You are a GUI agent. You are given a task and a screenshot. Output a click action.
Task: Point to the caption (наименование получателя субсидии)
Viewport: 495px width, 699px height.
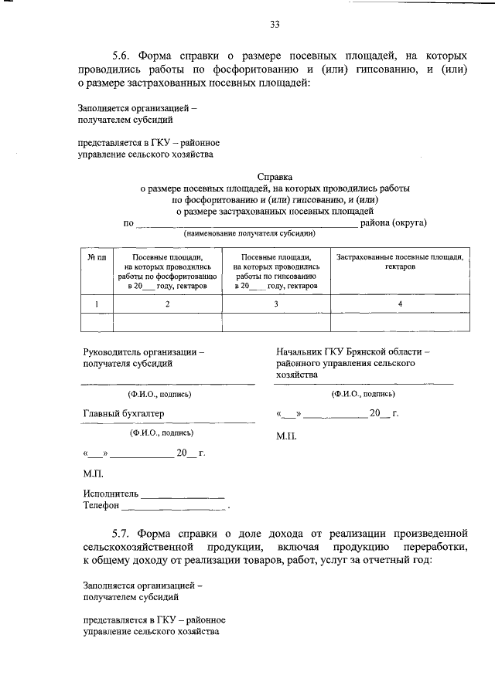pyautogui.click(x=247, y=233)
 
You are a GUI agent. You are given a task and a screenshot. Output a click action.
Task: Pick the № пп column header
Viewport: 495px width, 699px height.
pyautogui.click(x=96, y=257)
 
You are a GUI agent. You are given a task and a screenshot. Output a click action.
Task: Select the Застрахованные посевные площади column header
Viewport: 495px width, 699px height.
pyautogui.click(x=400, y=261)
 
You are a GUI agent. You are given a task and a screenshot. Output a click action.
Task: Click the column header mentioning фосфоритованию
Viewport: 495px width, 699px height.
pyautogui.click(x=167, y=271)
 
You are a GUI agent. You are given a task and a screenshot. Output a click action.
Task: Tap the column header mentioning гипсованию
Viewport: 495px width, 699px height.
pyautogui.click(x=276, y=271)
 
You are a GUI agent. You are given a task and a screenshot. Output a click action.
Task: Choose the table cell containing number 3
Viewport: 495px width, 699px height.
pyautogui.click(x=276, y=304)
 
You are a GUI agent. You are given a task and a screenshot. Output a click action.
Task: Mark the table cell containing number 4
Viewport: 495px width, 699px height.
pyautogui.click(x=400, y=304)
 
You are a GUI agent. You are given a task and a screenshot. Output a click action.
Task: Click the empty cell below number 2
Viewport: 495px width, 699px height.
pyautogui.click(x=167, y=322)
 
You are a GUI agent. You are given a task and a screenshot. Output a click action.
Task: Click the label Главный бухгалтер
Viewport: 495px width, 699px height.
pyautogui.click(x=124, y=413)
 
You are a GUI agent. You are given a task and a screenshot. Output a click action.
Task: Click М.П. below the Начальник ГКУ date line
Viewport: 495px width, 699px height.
pyautogui.click(x=286, y=436)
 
